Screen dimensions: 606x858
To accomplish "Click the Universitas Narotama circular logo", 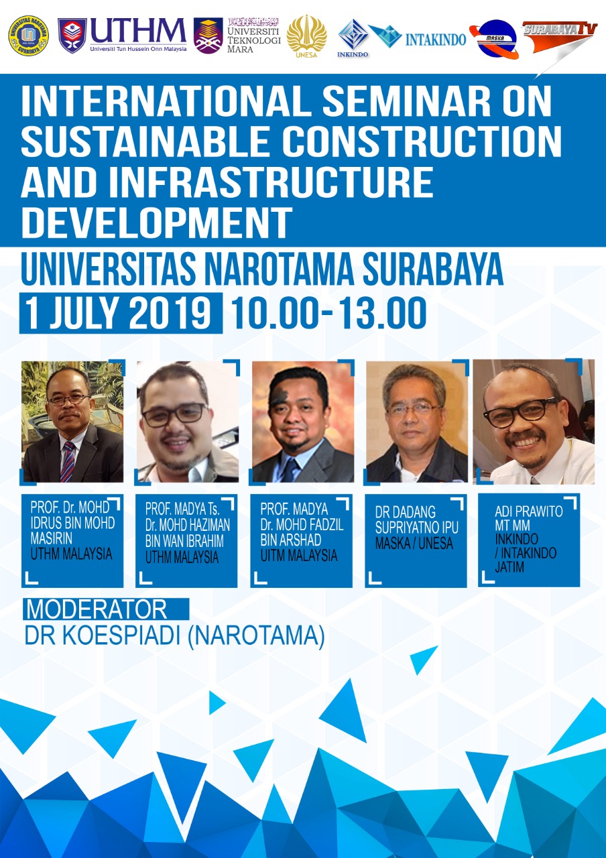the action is (28, 36).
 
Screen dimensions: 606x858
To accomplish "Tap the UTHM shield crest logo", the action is (72, 36).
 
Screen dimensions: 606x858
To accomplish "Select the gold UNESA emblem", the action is (306, 36).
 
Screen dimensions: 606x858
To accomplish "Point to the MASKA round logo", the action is (495, 39).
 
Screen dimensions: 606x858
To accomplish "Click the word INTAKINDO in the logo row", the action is (436, 40).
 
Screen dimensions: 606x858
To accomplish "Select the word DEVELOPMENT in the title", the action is (157, 223).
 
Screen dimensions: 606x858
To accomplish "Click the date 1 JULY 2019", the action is (121, 313).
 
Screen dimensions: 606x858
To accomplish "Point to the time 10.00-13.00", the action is (328, 313).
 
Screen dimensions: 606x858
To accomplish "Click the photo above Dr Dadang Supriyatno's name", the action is (417, 422).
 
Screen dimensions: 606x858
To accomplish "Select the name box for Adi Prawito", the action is (529, 540).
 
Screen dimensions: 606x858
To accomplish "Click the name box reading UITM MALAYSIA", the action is (301, 540).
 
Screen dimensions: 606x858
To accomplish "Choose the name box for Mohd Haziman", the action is (186, 540).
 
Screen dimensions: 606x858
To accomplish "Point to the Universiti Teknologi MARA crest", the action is (208, 36).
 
